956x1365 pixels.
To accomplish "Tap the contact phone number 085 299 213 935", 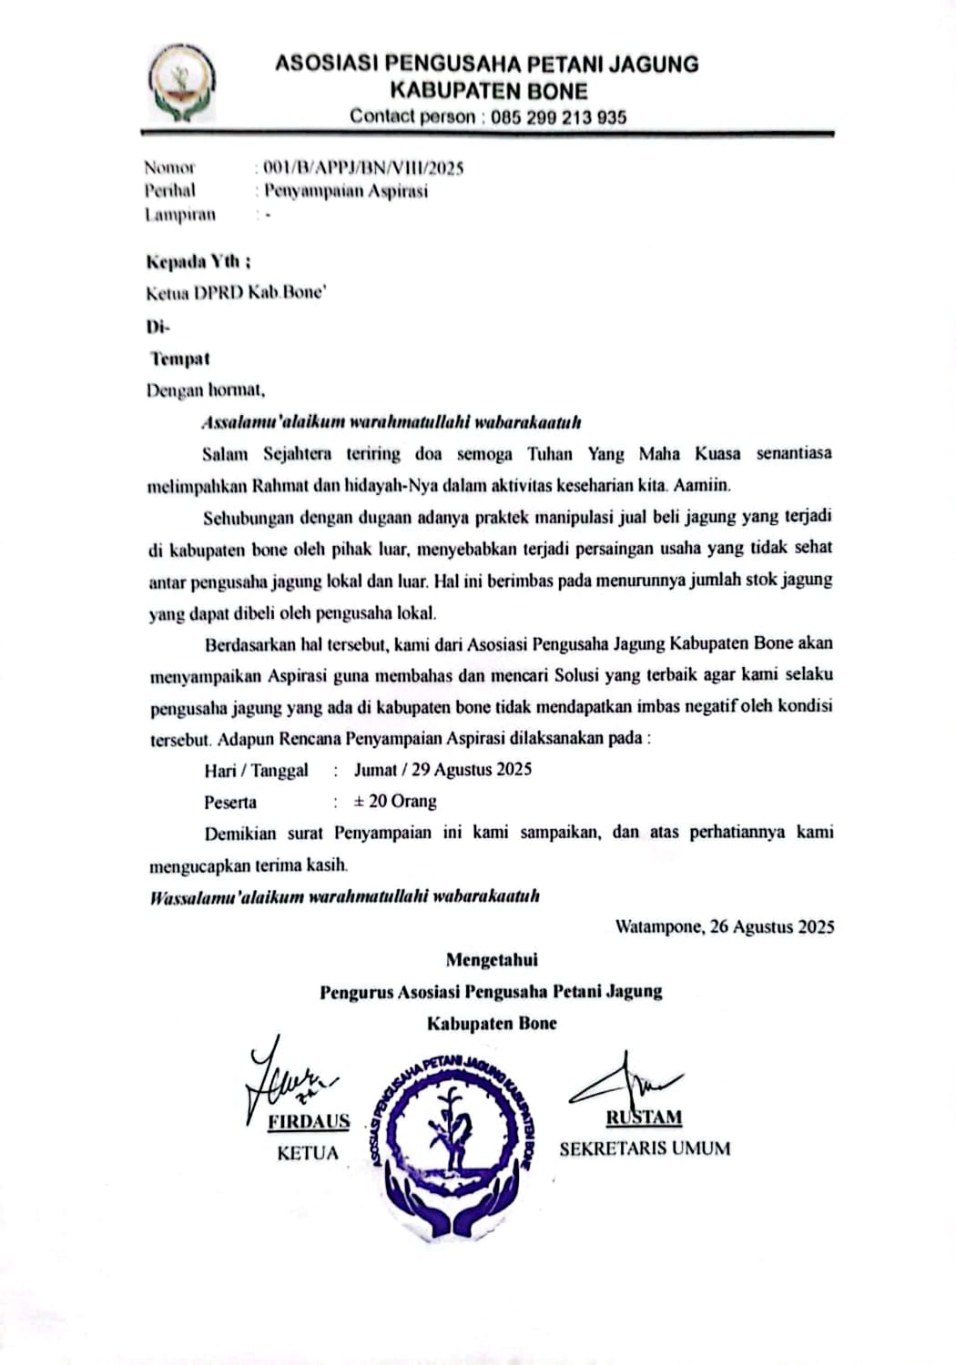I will point(558,117).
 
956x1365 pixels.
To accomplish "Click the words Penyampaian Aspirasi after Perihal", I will point(346,191).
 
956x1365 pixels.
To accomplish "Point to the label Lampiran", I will point(180,216).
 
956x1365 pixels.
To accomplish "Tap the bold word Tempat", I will point(180,359).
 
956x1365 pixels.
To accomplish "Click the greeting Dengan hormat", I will point(206,391).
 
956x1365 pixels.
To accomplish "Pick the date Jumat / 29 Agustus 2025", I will point(442,770).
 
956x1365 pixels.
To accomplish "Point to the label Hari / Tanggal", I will point(256,771).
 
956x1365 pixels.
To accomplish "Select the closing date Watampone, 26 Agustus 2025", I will point(725,927).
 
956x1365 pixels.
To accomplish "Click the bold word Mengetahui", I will point(492,959).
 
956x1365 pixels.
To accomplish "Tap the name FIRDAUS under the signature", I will point(309,1122).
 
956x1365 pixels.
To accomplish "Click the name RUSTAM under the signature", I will point(644,1117).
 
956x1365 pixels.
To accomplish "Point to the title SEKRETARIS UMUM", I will point(645,1149).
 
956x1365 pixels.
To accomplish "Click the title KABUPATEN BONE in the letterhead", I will point(488,91).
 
